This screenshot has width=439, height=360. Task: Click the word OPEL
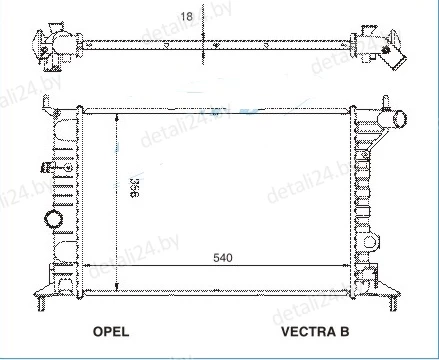tap(111, 331)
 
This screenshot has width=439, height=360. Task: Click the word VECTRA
tap(309, 331)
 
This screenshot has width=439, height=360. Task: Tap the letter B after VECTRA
tap(345, 331)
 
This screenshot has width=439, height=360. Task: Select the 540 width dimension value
tap(223, 258)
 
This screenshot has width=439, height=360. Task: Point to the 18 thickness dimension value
tap(186, 16)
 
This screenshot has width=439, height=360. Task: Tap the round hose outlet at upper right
tap(399, 119)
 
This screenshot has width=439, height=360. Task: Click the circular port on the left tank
tap(53, 219)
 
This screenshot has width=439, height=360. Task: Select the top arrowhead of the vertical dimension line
tap(117, 118)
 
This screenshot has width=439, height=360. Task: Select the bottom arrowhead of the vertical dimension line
tap(117, 286)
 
